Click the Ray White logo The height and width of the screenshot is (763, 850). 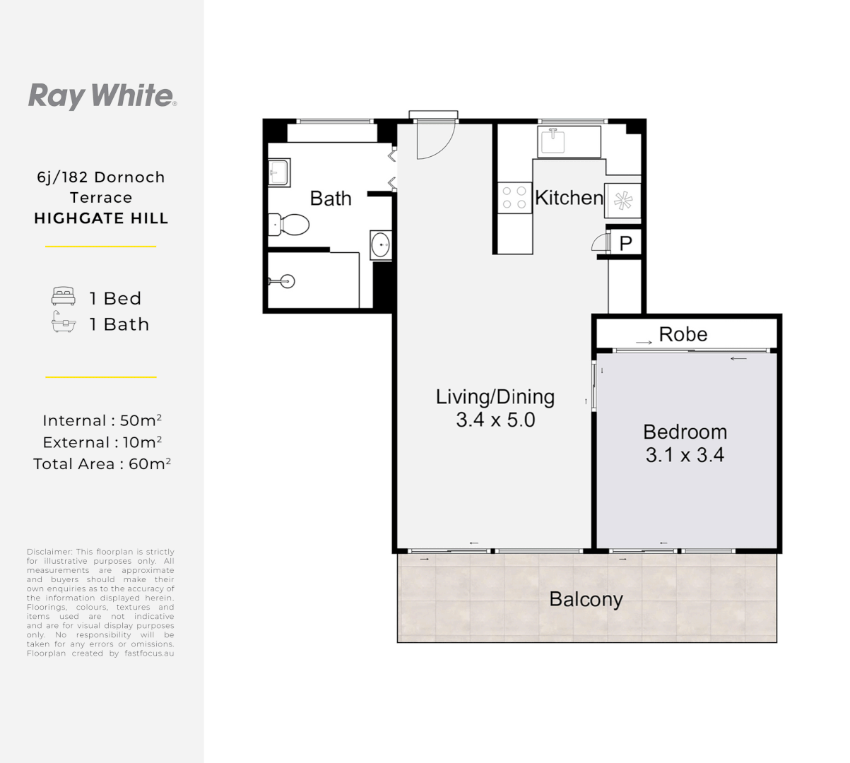click(x=102, y=95)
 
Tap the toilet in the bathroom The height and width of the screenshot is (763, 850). click(x=290, y=225)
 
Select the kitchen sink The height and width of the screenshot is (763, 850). click(x=553, y=141)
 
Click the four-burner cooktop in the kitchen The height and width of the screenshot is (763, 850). click(x=514, y=198)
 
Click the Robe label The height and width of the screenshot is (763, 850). click(x=683, y=334)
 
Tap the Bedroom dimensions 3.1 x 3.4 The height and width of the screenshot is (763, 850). click(x=684, y=456)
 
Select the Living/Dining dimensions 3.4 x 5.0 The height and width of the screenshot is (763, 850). click(x=495, y=420)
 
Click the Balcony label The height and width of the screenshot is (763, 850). click(x=586, y=599)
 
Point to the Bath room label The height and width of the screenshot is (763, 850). click(x=331, y=199)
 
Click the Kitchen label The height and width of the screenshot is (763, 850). click(x=569, y=198)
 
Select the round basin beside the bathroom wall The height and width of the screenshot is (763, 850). click(x=380, y=245)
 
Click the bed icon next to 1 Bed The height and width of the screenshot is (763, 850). click(x=63, y=297)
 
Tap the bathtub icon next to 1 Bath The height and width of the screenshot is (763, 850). click(x=63, y=323)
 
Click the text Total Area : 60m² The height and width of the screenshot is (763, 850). click(x=102, y=464)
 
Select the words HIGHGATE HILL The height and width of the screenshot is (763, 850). click(x=101, y=218)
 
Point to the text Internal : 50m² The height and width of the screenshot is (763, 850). click(x=102, y=420)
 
